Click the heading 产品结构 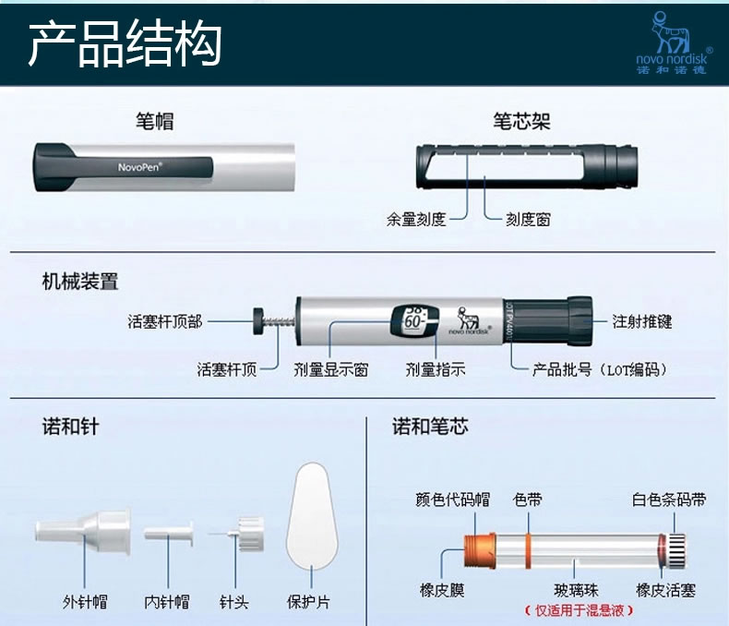[125, 44]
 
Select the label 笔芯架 [521, 121]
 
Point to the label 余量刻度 [416, 219]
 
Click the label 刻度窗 [528, 219]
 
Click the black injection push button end [580, 321]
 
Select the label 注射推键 [641, 321]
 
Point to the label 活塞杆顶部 [165, 321]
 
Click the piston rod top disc [258, 321]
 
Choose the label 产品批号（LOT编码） [600, 369]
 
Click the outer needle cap [83, 531]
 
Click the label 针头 [233, 602]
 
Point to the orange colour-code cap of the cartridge [480, 551]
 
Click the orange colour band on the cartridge [529, 551]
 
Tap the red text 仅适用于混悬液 [580, 610]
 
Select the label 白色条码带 [669, 500]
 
